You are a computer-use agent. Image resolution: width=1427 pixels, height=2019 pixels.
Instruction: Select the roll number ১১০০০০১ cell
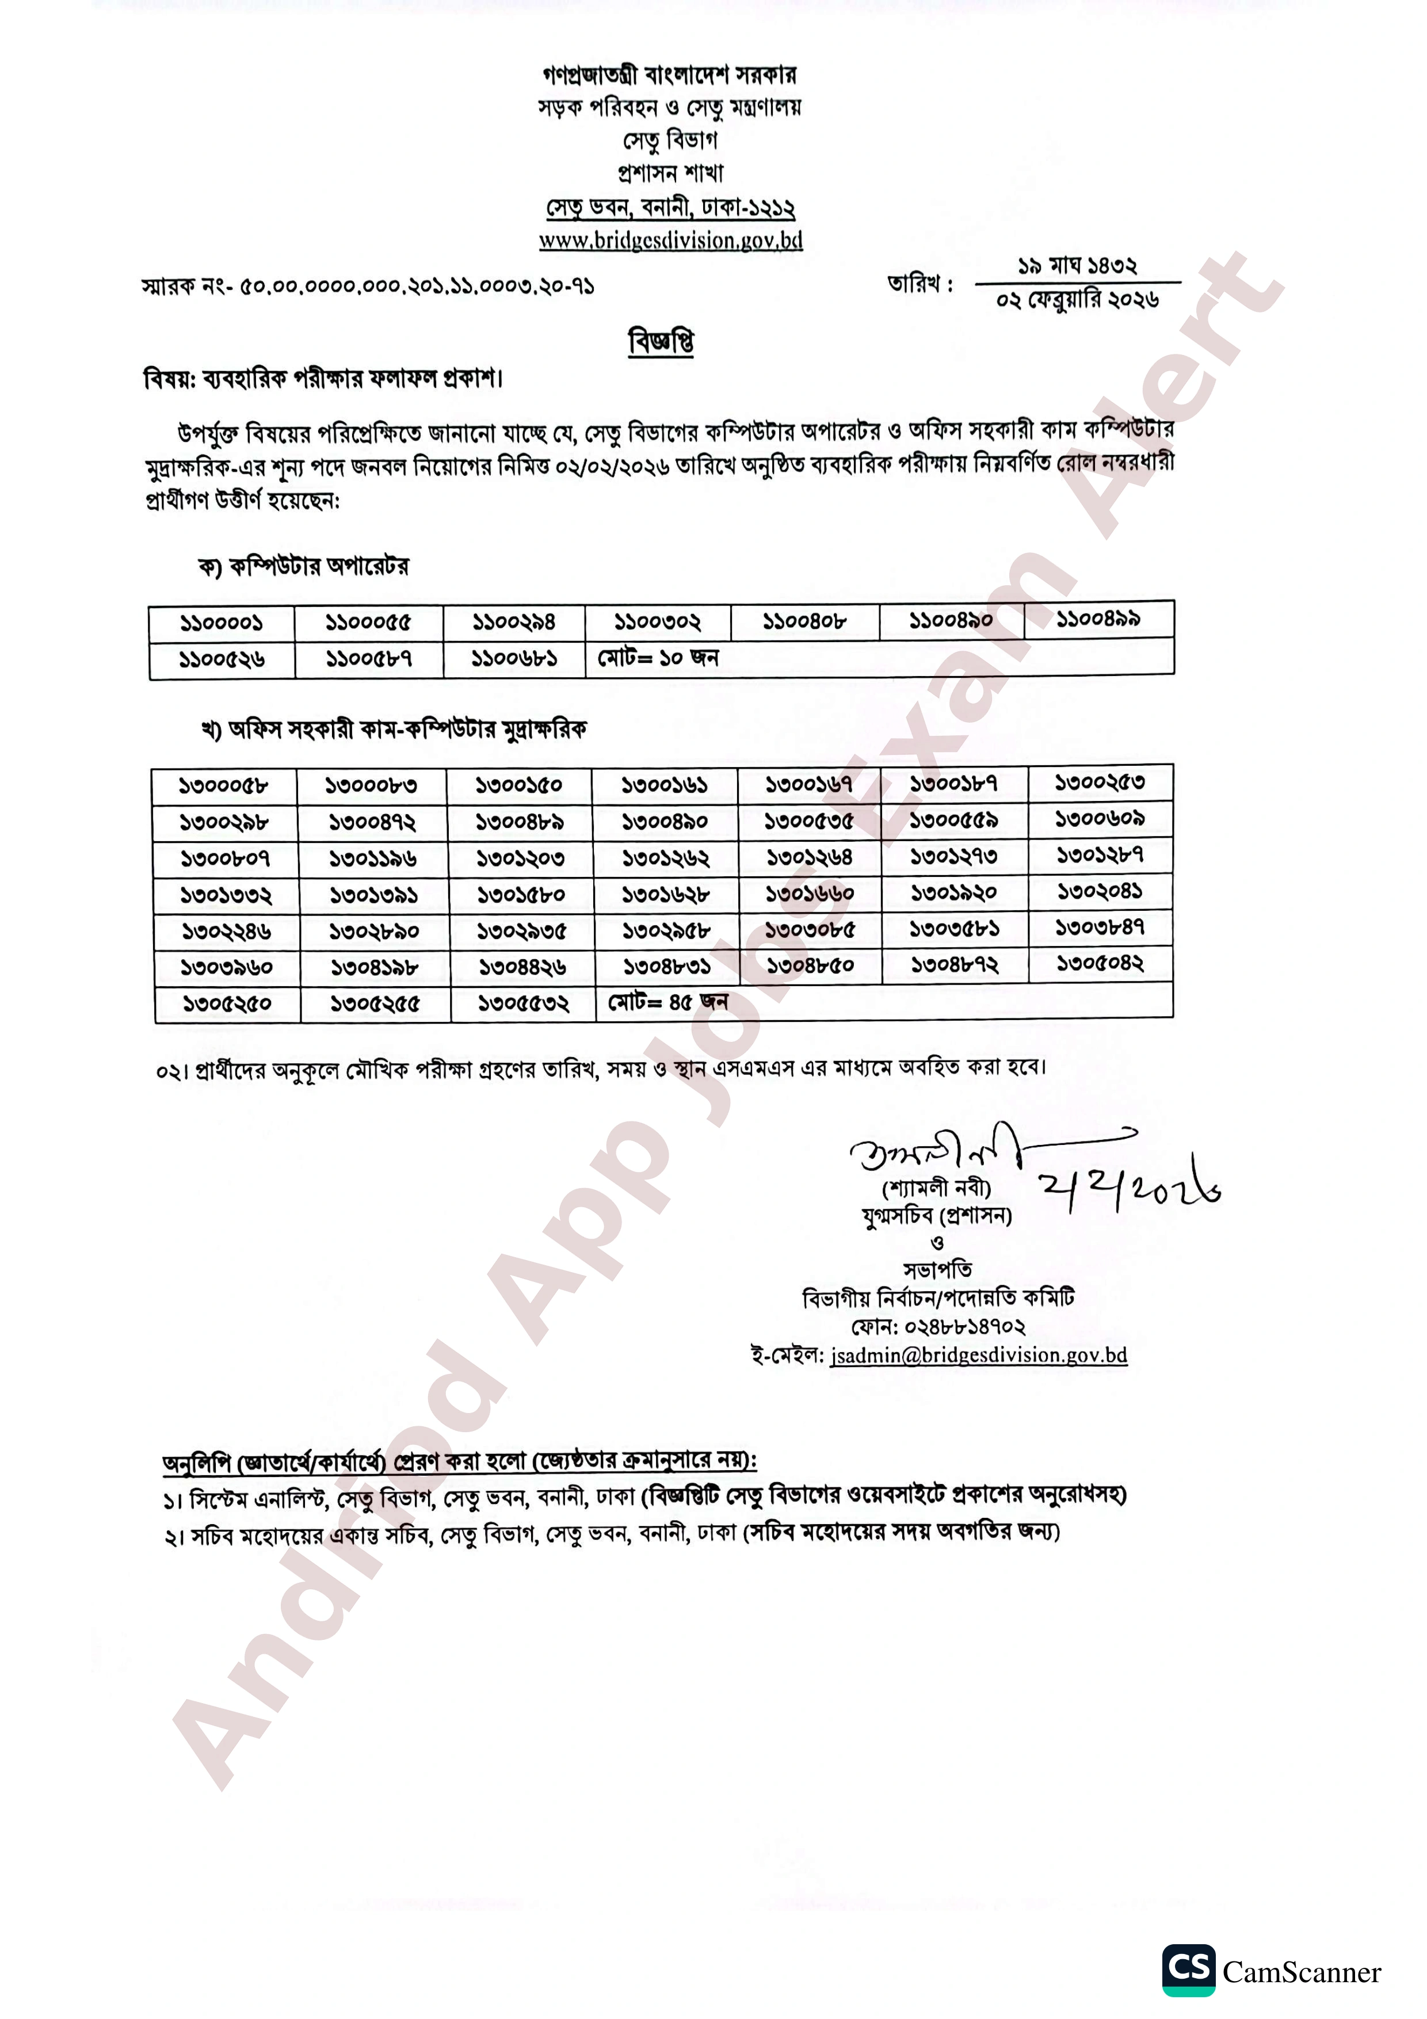point(222,624)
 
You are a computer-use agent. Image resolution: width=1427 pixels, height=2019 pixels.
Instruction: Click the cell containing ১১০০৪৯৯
point(1098,619)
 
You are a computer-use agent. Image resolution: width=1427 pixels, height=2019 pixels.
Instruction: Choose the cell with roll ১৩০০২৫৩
point(1100,782)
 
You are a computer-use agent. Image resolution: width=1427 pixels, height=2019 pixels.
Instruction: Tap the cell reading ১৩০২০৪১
point(1100,891)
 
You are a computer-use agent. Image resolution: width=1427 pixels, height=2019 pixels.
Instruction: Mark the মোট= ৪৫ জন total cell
point(667,1002)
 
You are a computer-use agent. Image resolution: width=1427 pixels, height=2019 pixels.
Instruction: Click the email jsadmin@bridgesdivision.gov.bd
point(978,1355)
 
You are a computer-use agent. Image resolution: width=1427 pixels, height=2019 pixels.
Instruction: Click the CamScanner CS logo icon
point(1188,1970)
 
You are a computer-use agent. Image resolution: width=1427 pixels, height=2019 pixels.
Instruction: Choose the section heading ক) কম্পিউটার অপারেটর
point(303,566)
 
